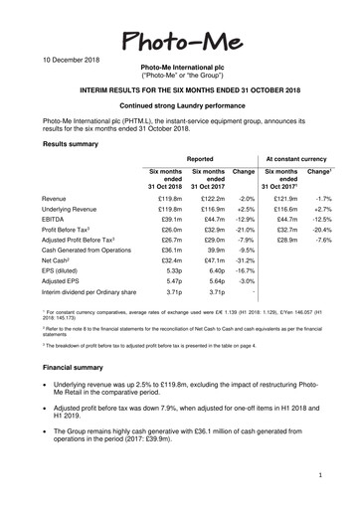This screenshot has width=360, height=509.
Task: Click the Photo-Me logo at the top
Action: tap(179, 41)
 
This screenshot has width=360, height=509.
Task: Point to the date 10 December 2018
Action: tap(49, 62)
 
